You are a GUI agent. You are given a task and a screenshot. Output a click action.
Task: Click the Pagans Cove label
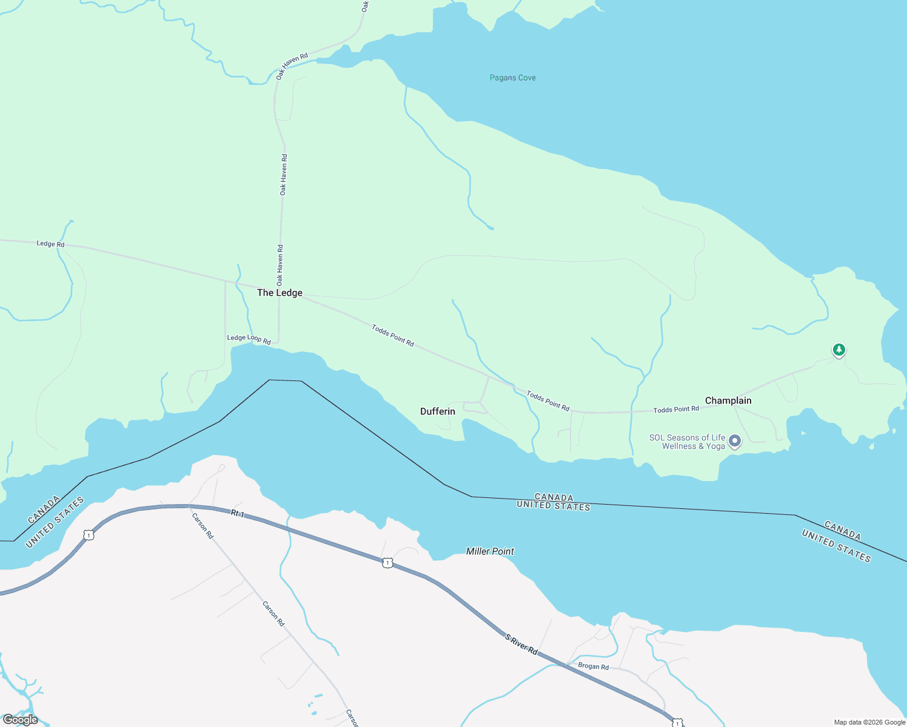click(512, 78)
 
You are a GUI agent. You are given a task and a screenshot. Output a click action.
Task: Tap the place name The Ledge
click(279, 293)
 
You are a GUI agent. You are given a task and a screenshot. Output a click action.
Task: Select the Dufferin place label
click(437, 411)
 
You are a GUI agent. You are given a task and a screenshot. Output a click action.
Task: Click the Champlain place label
click(728, 400)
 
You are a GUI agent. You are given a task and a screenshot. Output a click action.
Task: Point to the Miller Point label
click(490, 551)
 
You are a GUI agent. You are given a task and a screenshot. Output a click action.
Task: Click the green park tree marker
click(838, 350)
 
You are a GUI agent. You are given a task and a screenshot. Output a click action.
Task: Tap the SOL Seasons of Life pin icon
click(735, 440)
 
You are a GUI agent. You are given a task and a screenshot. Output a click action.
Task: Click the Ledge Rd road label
click(50, 244)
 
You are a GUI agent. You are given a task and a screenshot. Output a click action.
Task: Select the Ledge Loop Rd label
click(249, 339)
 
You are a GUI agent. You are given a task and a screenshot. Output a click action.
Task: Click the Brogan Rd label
click(593, 666)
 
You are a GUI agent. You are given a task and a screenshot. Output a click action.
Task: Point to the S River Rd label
click(521, 644)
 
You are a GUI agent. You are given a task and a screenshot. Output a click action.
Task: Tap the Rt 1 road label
click(238, 514)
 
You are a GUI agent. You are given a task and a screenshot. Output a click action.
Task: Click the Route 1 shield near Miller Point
click(387, 563)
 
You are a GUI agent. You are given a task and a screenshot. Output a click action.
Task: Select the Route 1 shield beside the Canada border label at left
click(89, 535)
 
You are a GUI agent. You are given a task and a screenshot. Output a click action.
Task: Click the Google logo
click(20, 720)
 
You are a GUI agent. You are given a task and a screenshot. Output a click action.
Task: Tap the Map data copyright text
click(869, 722)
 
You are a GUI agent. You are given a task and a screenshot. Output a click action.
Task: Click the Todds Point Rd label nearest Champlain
click(676, 410)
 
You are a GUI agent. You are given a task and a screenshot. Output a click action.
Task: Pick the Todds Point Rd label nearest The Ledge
click(393, 336)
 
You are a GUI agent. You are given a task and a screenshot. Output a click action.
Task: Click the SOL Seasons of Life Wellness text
click(687, 442)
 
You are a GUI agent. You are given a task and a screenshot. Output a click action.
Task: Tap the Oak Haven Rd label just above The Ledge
click(280, 265)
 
